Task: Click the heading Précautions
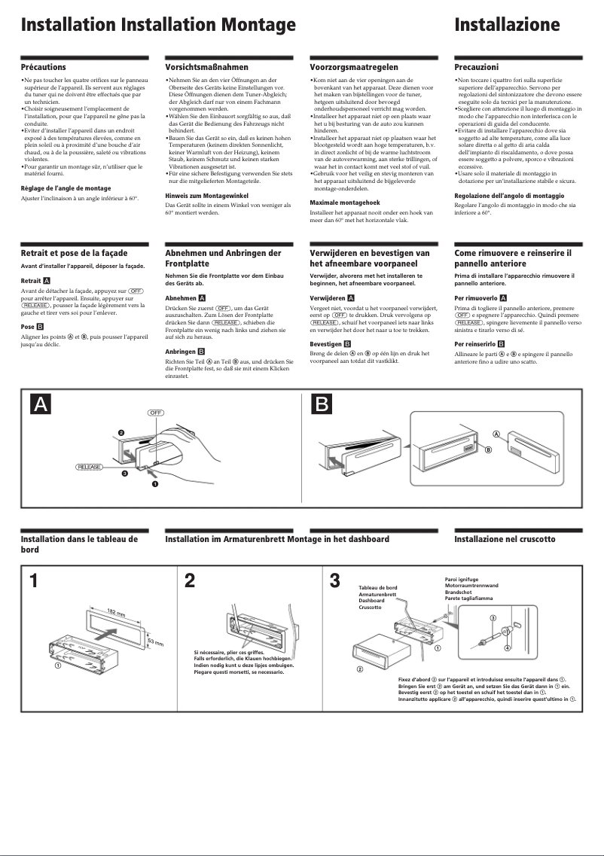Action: click(x=43, y=68)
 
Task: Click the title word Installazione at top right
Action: click(x=507, y=26)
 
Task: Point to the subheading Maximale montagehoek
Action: click(x=345, y=203)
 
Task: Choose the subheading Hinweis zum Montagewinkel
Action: click(x=206, y=196)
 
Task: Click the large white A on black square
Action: click(x=41, y=404)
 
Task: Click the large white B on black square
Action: click(x=322, y=404)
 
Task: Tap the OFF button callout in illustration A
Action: click(x=155, y=413)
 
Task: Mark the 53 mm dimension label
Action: click(x=154, y=641)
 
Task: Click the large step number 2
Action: click(x=190, y=582)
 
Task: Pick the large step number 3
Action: click(x=335, y=582)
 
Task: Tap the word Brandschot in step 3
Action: click(x=459, y=592)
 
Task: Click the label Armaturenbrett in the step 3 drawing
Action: click(x=377, y=594)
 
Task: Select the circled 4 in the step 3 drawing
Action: click(x=507, y=648)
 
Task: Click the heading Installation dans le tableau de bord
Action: click(x=78, y=544)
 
